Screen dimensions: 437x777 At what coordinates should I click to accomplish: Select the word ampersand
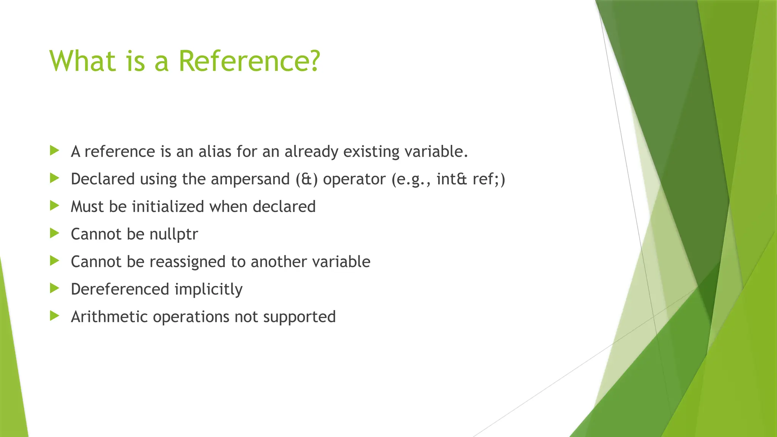(x=250, y=179)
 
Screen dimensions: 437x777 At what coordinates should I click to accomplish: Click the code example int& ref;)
(x=471, y=179)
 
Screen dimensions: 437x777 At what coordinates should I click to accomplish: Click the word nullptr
(x=173, y=234)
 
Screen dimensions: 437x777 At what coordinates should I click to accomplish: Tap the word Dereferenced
(x=120, y=289)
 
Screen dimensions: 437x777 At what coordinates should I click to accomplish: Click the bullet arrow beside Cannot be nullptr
(x=55, y=233)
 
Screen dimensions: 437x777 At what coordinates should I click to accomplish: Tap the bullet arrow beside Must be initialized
(x=55, y=206)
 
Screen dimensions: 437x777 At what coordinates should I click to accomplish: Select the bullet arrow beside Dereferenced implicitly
(x=55, y=288)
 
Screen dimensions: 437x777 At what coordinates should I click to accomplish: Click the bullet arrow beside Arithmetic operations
(x=55, y=316)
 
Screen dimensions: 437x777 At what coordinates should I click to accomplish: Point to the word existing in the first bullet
(x=371, y=152)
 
